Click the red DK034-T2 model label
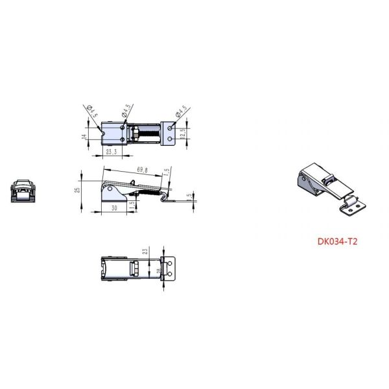tap(338, 241)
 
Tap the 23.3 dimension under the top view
tap(111, 152)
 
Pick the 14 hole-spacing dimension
tap(83, 136)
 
